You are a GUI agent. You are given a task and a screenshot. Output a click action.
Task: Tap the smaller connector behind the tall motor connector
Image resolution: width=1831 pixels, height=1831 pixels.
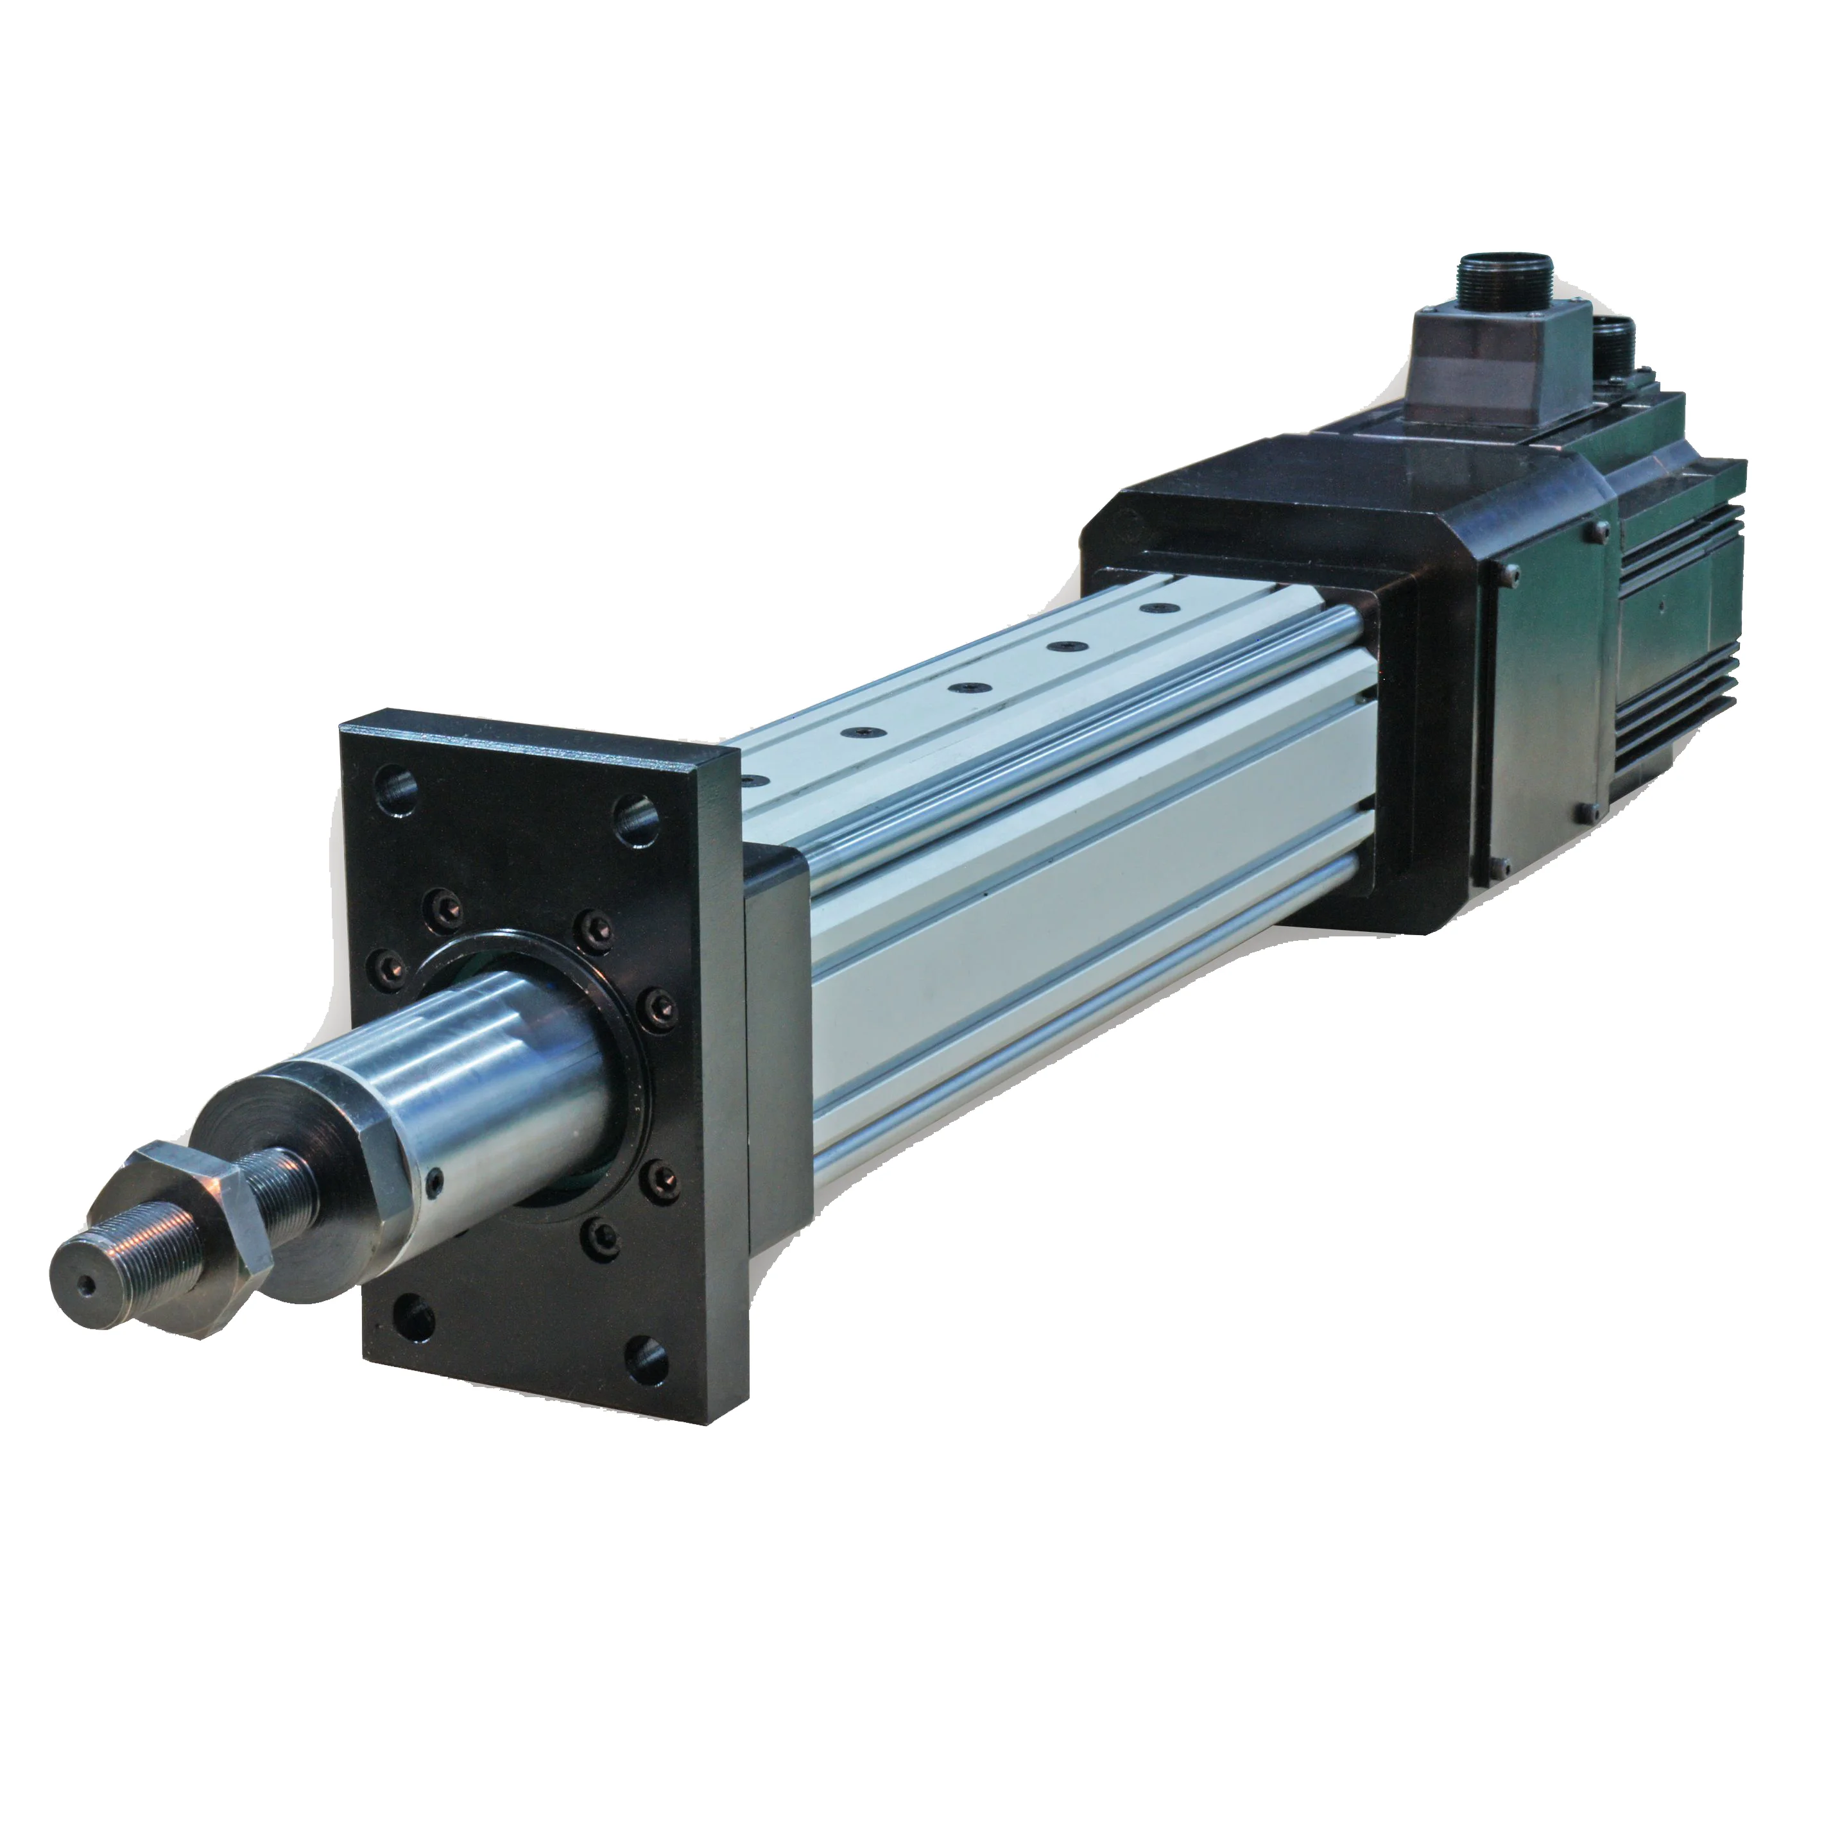(x=1611, y=343)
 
